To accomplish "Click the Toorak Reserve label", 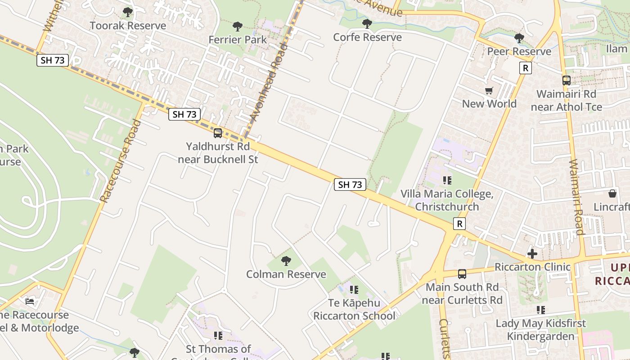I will [128, 26].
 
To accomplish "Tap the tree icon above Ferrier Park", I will [238, 27].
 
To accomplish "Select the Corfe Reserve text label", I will [367, 37].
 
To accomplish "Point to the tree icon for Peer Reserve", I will [519, 38].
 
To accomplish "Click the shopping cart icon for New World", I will [489, 91].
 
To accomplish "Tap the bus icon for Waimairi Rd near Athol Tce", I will [566, 81].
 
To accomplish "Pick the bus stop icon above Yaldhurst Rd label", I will [218, 133].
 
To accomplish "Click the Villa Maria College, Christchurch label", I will [447, 200].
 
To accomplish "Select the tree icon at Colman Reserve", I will [286, 261].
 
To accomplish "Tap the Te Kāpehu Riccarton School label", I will [354, 309].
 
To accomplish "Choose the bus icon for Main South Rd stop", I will [462, 274].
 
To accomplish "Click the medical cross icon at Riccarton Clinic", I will [532, 254].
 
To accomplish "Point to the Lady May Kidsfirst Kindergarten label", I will [540, 329].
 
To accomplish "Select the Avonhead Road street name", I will [269, 82].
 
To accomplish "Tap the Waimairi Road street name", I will [576, 197].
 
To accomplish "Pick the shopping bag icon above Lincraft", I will [612, 193].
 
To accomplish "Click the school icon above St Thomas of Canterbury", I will [218, 336].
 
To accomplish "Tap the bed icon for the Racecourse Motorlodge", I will [30, 301].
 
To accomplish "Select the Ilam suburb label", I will [616, 49].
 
